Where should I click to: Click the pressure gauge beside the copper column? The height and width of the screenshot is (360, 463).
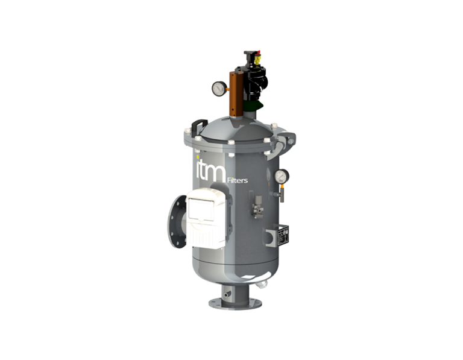click(218, 88)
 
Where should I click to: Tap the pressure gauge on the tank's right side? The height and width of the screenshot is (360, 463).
click(281, 176)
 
